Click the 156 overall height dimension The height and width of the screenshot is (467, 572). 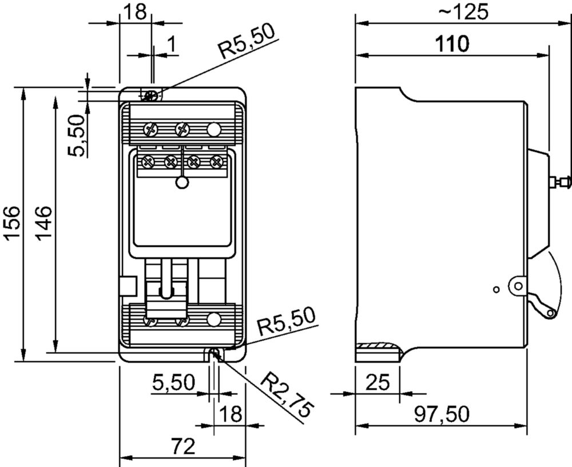pos(11,223)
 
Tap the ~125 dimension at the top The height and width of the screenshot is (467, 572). pos(463,11)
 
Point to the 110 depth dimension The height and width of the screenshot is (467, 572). pos(452,44)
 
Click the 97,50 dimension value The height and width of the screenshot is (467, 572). pos(442,414)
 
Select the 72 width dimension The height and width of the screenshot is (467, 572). pos(184,446)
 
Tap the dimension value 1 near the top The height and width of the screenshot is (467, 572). pos(171,44)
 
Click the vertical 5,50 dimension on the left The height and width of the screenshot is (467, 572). pos(77,135)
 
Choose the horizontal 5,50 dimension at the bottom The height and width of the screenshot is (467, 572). pos(174,383)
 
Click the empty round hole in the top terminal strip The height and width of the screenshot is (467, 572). pos(214,129)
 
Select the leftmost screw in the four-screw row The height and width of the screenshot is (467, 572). pos(149,161)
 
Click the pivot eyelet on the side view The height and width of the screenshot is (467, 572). pos(517,286)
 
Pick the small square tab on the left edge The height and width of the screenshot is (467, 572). pos(128,286)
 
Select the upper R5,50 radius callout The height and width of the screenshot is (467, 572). pos(247,43)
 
